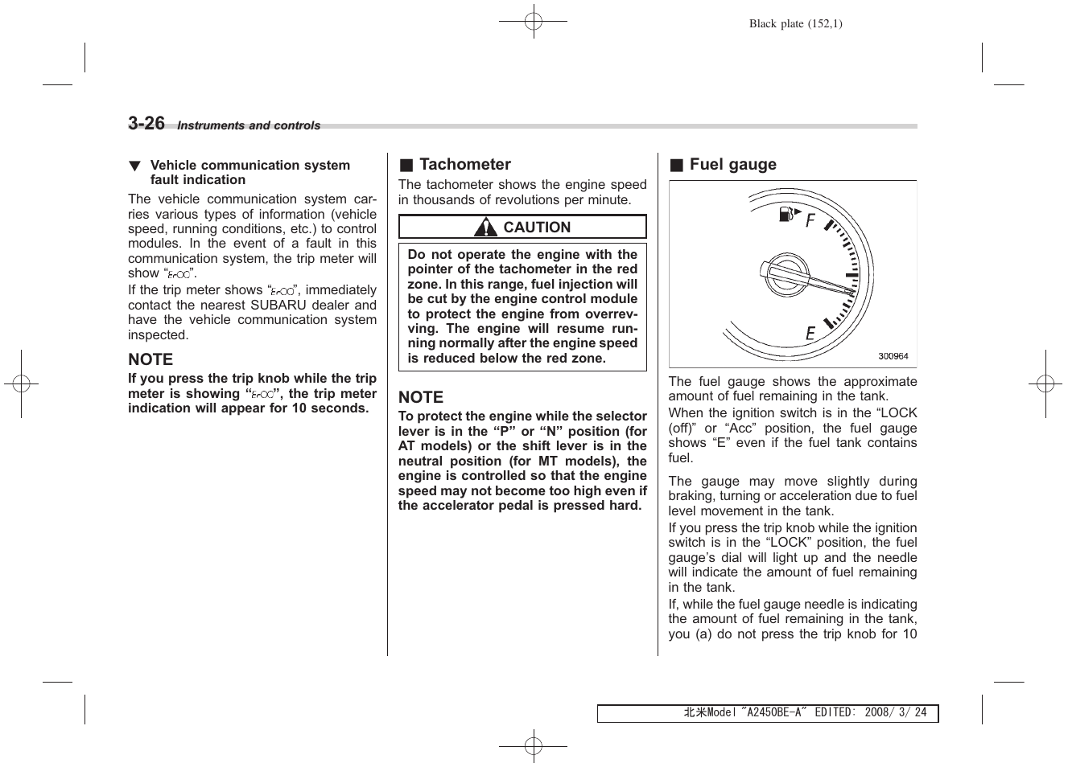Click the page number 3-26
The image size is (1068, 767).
146,123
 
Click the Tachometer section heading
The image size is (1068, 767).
464,165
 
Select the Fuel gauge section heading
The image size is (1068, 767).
732,165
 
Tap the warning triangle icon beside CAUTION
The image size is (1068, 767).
485,228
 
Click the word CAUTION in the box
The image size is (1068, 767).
537,228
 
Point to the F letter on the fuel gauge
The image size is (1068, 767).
810,220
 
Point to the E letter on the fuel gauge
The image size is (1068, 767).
810,333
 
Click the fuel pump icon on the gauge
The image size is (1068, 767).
787,215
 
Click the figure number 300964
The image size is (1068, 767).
893,356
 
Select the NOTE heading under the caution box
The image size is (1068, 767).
421,397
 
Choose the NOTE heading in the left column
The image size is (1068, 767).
151,359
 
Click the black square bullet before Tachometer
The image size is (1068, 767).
406,166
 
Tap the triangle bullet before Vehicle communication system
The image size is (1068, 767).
134,166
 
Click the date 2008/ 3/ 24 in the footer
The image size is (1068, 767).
897,713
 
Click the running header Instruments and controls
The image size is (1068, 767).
249,126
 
